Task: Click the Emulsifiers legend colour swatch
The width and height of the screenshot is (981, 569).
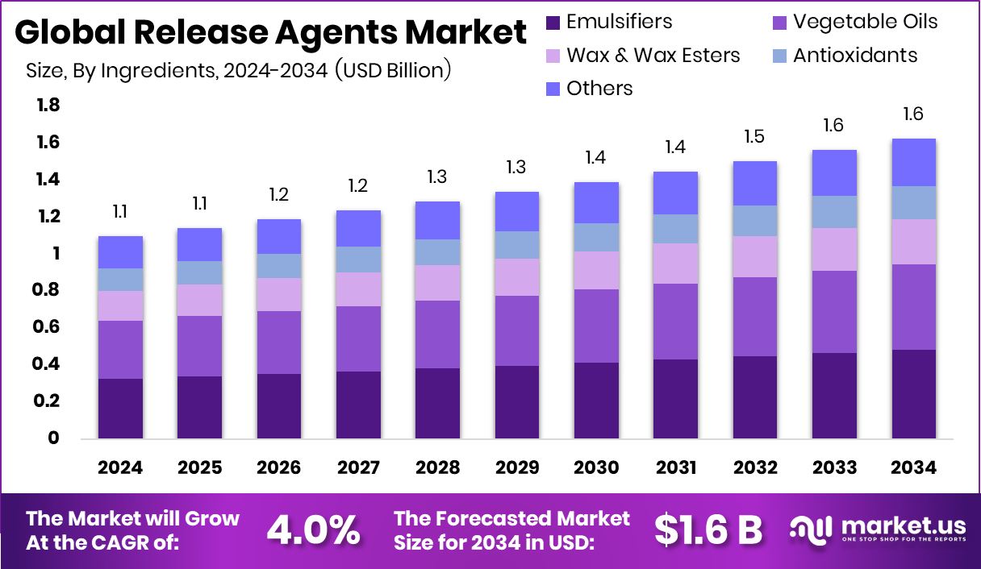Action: click(553, 22)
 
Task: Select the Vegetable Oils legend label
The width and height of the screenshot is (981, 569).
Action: click(866, 22)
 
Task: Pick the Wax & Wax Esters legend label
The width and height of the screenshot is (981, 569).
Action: click(653, 55)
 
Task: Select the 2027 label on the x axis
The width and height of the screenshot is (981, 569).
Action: click(358, 467)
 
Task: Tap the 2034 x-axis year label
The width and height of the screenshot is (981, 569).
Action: click(913, 467)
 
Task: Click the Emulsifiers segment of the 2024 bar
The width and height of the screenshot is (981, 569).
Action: click(120, 408)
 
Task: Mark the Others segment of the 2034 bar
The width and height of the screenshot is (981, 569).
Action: click(913, 162)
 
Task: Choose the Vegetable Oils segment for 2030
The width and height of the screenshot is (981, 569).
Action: click(596, 326)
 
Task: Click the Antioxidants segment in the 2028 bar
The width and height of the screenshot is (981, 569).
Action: click(437, 252)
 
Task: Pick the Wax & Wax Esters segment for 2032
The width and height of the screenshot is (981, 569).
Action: click(754, 256)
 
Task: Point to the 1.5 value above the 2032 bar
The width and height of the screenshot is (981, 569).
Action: click(754, 136)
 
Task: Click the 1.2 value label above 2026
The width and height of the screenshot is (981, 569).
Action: click(279, 194)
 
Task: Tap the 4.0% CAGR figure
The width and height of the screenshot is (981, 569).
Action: click(314, 530)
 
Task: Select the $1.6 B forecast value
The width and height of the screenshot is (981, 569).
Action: click(708, 530)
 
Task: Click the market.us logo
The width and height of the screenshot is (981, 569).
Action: click(878, 530)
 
